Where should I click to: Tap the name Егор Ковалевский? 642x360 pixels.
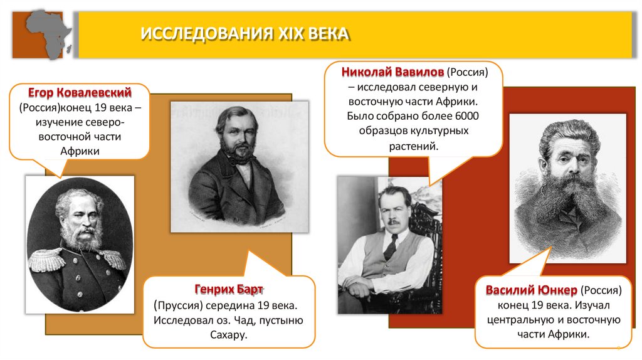[x=80, y=93]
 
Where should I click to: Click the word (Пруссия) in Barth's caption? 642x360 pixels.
[x=178, y=305]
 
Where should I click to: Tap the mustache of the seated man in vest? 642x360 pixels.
[x=392, y=221]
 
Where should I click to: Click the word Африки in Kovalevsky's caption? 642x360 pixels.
[x=80, y=151]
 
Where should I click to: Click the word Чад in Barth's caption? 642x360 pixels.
[x=254, y=320]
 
